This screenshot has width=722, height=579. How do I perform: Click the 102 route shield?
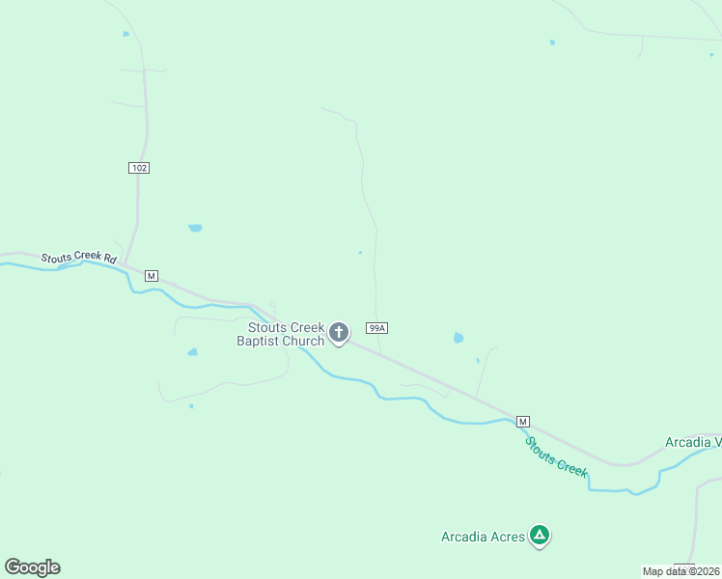point(139,168)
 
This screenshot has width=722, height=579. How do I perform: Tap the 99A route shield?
point(377,328)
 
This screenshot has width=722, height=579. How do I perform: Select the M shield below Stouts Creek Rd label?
point(151,276)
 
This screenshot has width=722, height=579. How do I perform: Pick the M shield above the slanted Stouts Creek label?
point(522,422)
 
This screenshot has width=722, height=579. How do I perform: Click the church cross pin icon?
point(339,333)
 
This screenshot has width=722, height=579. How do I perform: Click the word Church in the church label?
point(303,342)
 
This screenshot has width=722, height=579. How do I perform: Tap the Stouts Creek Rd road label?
point(78,259)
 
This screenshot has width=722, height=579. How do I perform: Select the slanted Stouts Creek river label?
point(556,455)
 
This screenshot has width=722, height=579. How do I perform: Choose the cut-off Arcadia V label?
point(692,443)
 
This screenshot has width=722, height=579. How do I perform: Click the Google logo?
point(32,567)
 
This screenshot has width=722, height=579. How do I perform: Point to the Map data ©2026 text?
point(680,571)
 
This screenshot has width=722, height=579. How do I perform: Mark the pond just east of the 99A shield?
point(458,338)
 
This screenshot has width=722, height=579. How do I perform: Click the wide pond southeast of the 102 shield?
point(195,228)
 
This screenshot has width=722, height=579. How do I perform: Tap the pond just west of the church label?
point(192,352)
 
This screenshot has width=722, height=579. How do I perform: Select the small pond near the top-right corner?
point(552,42)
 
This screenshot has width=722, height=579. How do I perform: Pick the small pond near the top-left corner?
point(125,34)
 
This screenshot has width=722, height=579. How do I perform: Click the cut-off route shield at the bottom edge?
point(684,567)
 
